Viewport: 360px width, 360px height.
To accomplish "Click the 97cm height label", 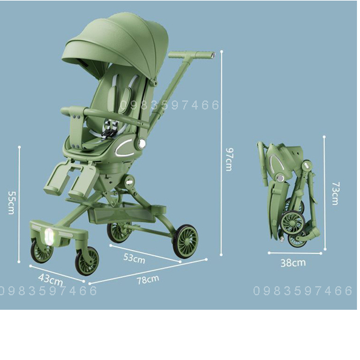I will (x=229, y=159).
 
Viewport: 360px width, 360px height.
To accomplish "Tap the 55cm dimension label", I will (x=11, y=202).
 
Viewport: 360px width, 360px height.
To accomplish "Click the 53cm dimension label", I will (x=134, y=258).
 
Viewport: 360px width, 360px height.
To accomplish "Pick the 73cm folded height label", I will (x=334, y=194).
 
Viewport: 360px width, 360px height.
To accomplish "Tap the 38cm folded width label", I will (x=293, y=263).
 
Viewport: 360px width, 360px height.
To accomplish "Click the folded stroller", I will (x=287, y=194).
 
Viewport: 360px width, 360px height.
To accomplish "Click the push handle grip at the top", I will (x=191, y=55).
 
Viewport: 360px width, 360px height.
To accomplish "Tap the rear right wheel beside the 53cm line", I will (x=185, y=241).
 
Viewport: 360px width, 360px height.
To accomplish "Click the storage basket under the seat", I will (x=121, y=213).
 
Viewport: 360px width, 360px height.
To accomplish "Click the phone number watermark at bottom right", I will (x=303, y=291).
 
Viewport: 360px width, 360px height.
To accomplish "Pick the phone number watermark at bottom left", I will (x=48, y=291).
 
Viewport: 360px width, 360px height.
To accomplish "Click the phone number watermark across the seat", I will (x=169, y=105).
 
